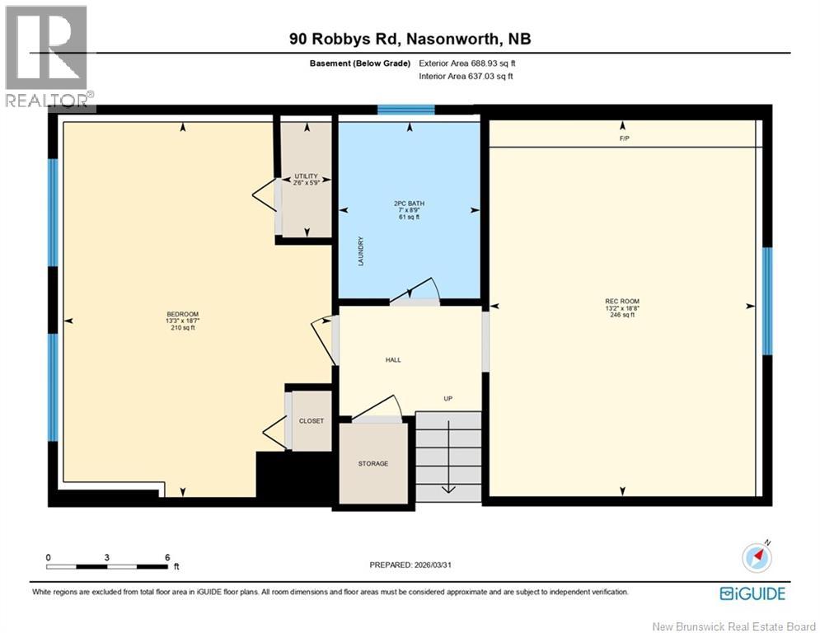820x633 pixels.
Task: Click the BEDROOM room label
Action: click(x=183, y=314)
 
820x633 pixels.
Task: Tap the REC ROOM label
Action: click(x=621, y=301)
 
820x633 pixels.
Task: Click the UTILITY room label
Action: click(x=306, y=176)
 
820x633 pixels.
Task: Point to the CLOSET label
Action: click(x=312, y=420)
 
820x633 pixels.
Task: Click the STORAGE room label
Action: click(x=373, y=463)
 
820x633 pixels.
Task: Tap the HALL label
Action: click(x=393, y=359)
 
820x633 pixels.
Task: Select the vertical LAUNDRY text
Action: click(x=361, y=251)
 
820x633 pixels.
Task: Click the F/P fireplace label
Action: click(x=624, y=138)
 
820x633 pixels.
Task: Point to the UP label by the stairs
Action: click(x=448, y=398)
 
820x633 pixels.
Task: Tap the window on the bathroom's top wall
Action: click(x=405, y=110)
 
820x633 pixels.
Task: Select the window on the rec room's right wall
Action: click(x=766, y=301)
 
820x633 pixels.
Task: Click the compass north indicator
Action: click(x=758, y=557)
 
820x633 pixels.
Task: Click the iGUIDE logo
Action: click(x=752, y=593)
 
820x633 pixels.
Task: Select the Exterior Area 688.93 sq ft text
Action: click(x=467, y=63)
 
